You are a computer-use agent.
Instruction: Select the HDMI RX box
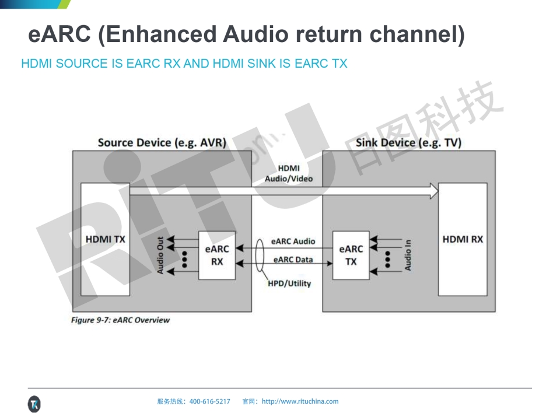click(463, 239)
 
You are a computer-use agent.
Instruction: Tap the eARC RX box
click(217, 256)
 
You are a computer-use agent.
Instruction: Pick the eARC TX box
click(351, 256)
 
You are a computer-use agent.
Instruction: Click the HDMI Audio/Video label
click(288, 173)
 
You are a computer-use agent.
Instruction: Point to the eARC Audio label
click(293, 241)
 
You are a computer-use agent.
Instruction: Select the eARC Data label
click(293, 260)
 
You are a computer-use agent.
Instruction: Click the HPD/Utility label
click(289, 283)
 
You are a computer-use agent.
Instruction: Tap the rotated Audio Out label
click(160, 256)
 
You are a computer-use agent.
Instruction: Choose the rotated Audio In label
click(408, 256)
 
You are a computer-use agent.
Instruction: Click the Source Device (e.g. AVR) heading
click(162, 143)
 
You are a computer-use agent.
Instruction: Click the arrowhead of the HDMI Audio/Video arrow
click(433, 191)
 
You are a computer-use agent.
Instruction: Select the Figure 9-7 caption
click(120, 320)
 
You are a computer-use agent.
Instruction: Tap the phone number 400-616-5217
click(210, 401)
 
